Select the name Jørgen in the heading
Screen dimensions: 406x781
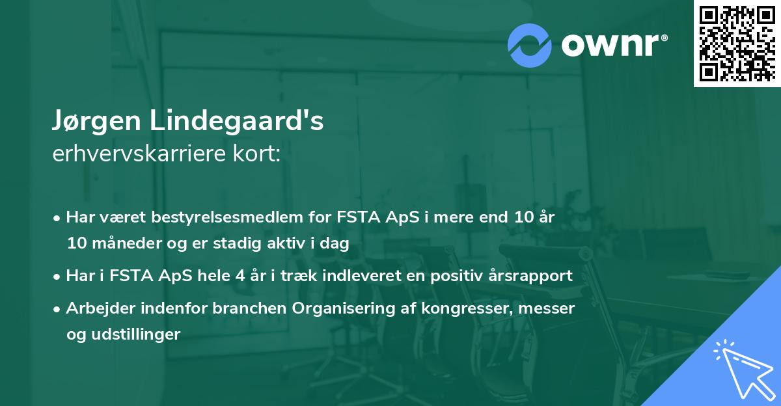pos(97,122)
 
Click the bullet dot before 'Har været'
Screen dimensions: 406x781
pos(58,218)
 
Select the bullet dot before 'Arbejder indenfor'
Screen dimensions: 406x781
pos(58,309)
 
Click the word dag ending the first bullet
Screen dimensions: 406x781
pos(336,243)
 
